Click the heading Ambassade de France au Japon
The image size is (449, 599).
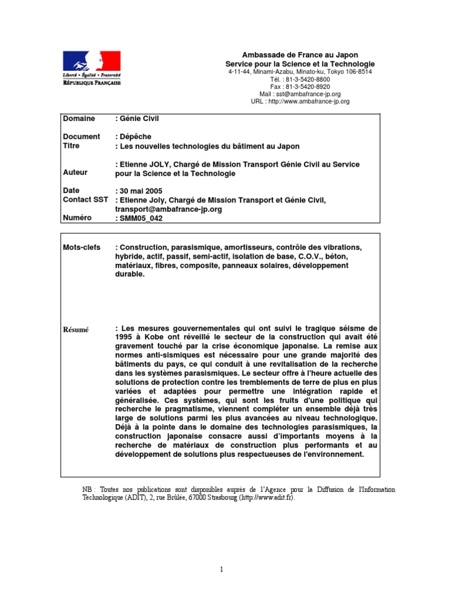(300, 55)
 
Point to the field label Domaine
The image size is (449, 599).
(79, 119)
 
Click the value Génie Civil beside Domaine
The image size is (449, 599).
(139, 119)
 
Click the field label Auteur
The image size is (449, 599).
(75, 173)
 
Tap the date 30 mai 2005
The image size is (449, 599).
(140, 191)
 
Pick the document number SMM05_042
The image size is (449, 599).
(141, 218)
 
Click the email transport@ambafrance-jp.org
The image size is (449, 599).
(168, 209)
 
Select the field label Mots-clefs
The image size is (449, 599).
(82, 247)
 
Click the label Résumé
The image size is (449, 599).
(76, 329)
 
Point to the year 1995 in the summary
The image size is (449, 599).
(125, 338)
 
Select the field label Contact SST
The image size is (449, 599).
(85, 200)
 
